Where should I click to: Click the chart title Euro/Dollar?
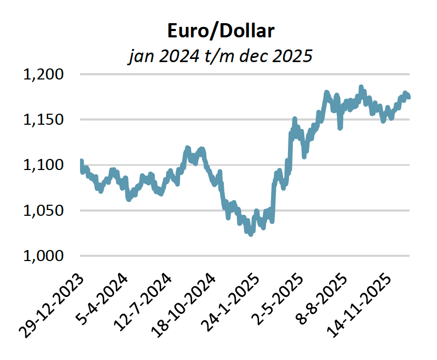point(221,31)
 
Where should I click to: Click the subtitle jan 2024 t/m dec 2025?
point(221,55)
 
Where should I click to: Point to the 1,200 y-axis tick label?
point(44,74)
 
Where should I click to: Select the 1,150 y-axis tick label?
point(44,119)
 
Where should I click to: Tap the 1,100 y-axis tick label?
point(44,165)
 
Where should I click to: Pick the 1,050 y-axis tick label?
point(44,211)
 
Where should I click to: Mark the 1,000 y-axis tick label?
point(44,256)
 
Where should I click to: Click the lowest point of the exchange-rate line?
point(251,234)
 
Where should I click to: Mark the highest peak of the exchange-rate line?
point(361,87)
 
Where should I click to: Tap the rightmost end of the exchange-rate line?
point(409,96)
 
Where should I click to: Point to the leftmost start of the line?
point(81,161)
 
